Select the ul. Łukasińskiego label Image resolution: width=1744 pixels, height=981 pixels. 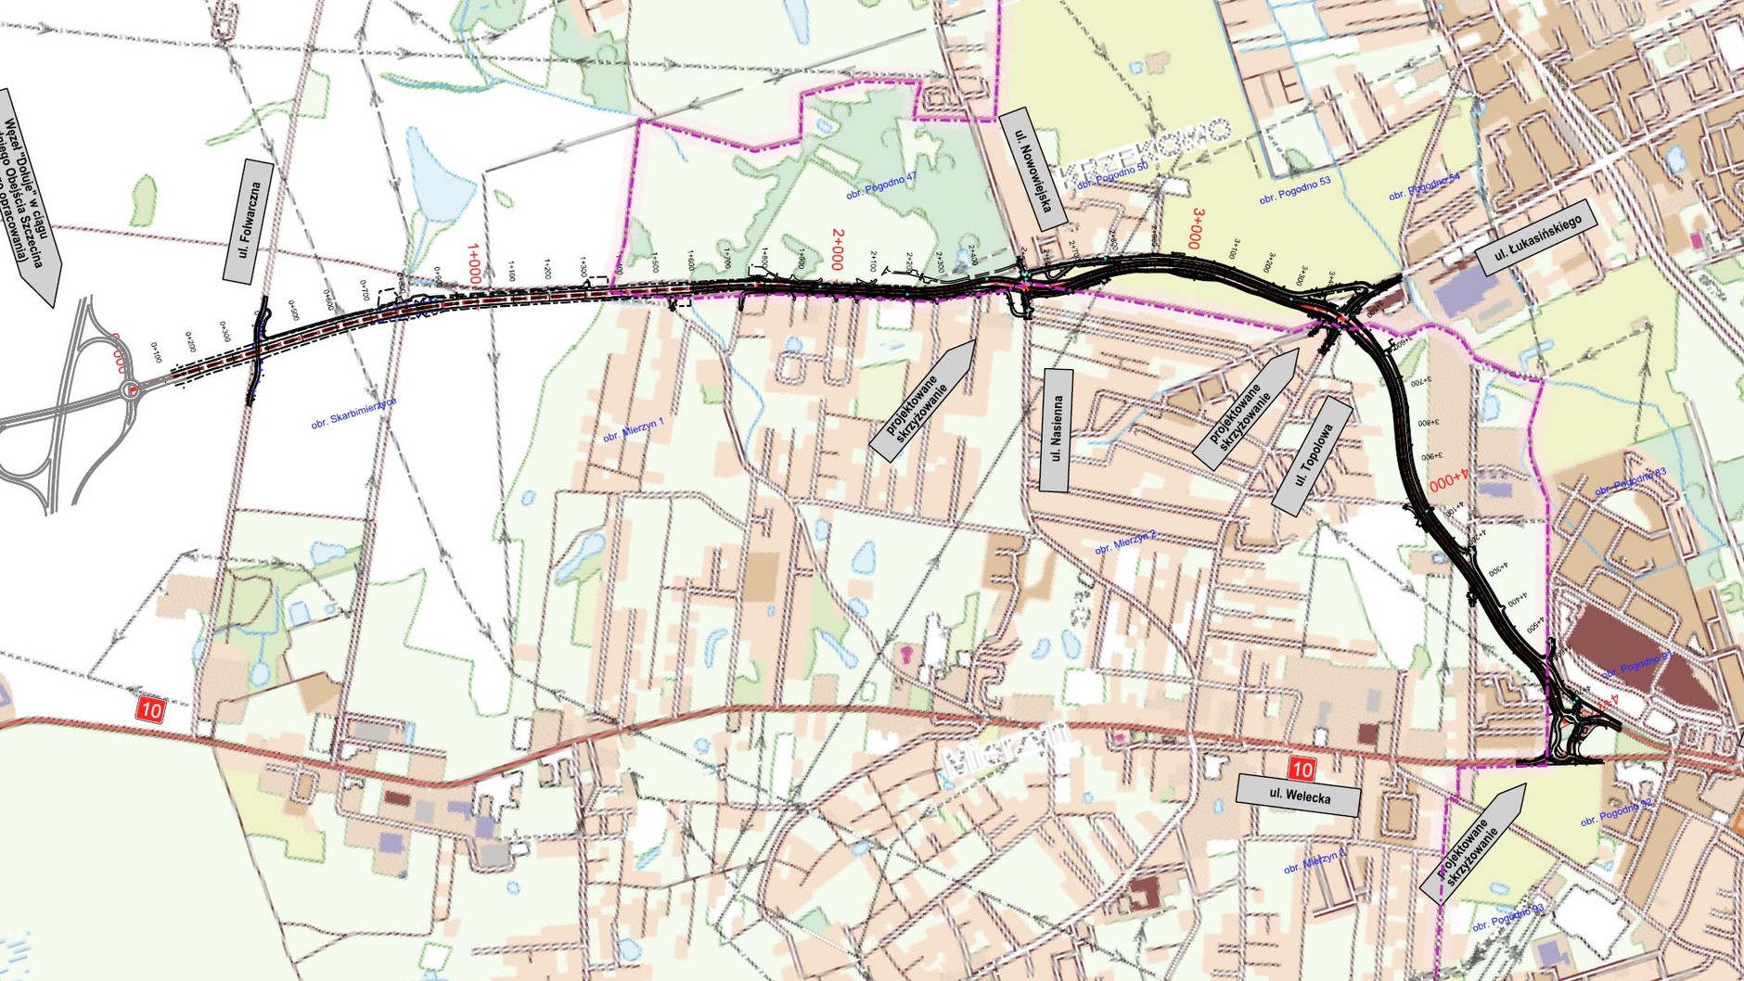tap(1536, 237)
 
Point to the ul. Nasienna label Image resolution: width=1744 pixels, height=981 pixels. tap(1057, 429)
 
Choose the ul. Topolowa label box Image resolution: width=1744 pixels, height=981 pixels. tap(1313, 456)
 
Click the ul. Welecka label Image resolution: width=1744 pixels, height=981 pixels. tap(1299, 795)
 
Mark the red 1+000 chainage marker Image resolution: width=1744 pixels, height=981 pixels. tap(474, 263)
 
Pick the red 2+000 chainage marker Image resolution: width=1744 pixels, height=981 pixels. tap(838, 249)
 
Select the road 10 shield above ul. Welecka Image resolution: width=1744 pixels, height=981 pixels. tap(1302, 769)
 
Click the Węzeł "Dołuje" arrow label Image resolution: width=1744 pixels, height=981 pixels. tap(32, 197)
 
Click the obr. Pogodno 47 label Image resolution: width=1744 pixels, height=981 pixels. tap(881, 187)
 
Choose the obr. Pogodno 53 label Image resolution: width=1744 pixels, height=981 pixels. tap(1295, 190)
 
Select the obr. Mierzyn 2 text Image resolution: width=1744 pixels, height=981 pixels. tap(1125, 542)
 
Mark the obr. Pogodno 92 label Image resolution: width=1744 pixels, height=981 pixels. tap(1616, 813)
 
